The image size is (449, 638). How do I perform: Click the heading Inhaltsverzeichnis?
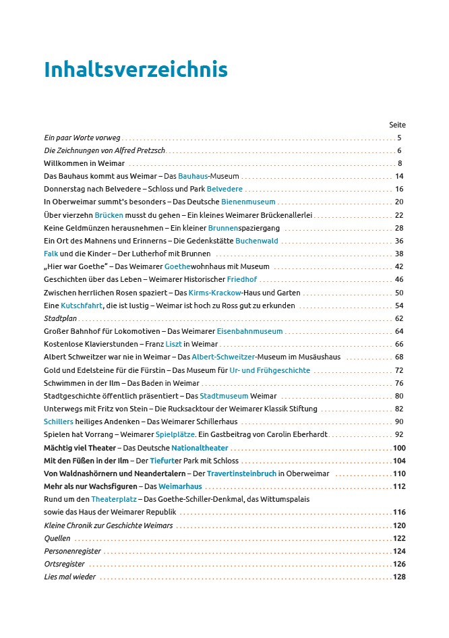click(136, 70)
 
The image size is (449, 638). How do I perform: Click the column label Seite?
click(397, 125)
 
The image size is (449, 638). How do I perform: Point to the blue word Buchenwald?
click(256, 241)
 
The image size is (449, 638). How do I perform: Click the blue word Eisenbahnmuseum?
click(249, 331)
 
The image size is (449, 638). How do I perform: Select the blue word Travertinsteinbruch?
click(241, 474)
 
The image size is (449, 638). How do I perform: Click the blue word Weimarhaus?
click(180, 487)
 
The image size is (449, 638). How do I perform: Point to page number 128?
click(399, 577)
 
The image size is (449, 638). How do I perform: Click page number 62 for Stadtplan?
click(399, 318)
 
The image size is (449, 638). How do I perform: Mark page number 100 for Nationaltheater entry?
click(399, 448)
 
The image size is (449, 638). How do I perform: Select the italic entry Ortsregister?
click(64, 564)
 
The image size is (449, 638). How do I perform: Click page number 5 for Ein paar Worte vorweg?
click(400, 138)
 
